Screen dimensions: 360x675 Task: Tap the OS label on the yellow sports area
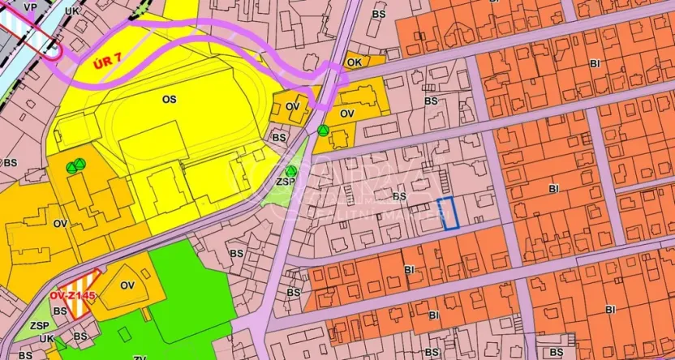pos(169,99)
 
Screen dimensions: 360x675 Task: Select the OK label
pos(354,62)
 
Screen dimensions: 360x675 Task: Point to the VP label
pos(31,7)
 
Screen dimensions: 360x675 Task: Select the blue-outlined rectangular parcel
pos(449,213)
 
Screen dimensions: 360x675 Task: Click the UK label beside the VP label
pos(71,11)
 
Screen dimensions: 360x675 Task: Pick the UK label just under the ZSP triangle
pos(46,338)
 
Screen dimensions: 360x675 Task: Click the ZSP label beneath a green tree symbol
pos(286,182)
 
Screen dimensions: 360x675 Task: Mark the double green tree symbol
pos(75,167)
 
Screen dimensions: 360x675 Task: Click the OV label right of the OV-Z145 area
pos(127,285)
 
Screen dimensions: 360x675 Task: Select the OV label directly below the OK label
pos(347,114)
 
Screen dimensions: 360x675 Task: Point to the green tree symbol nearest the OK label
pos(324,131)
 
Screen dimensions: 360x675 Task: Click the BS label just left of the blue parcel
pos(398,196)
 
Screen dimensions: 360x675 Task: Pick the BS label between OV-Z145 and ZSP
pos(59,311)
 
